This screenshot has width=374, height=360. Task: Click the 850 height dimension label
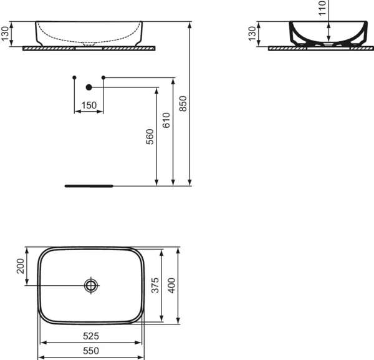183,104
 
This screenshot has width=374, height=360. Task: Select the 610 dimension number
166,120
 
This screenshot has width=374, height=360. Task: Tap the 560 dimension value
150,137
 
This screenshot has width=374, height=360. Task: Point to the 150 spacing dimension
89,105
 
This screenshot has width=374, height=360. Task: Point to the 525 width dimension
90,336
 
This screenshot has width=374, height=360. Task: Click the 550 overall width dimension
90,352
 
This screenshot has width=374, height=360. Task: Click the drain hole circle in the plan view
92,286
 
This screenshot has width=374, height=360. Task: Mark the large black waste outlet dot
89,87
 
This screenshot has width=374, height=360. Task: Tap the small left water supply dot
74,77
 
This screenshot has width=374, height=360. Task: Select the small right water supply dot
103,77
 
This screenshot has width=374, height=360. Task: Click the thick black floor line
89,185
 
